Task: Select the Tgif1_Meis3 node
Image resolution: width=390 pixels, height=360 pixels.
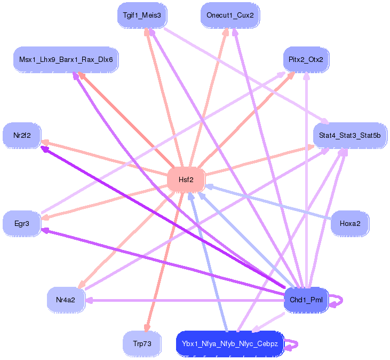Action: [142, 15]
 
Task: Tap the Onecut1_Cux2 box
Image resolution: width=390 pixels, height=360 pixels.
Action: [230, 15]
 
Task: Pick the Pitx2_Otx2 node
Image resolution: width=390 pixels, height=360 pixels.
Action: [306, 59]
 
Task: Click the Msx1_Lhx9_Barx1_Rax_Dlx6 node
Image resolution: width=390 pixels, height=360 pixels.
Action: [66, 59]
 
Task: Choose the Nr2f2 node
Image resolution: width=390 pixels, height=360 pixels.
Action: [22, 135]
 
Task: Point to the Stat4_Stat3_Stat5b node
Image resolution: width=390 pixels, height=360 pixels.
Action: [349, 136]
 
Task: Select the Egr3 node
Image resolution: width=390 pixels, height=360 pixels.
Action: [22, 223]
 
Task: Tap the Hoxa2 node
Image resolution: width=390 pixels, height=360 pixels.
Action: [350, 223]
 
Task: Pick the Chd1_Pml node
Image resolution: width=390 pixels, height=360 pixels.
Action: [306, 300]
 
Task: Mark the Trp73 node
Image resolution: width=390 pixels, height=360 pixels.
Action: [142, 344]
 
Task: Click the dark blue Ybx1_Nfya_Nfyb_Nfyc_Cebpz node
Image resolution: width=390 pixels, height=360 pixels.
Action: [230, 344]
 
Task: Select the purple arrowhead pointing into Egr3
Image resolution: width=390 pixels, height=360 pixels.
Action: [45, 231]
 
